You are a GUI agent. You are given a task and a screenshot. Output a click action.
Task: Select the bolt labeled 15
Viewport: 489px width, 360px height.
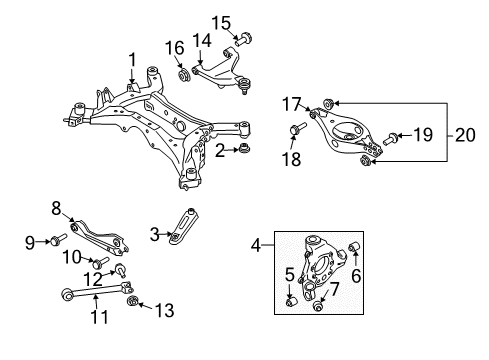pyautogui.click(x=244, y=40)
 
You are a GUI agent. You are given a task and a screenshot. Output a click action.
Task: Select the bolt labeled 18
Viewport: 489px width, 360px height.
pyautogui.click(x=298, y=128)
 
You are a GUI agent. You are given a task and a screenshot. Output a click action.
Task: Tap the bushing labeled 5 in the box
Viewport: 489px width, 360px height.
pyautogui.click(x=289, y=295)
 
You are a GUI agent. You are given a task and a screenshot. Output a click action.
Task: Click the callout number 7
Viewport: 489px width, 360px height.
pyautogui.click(x=334, y=288)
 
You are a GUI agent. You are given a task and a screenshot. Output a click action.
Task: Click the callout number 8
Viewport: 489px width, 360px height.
pyautogui.click(x=56, y=208)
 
